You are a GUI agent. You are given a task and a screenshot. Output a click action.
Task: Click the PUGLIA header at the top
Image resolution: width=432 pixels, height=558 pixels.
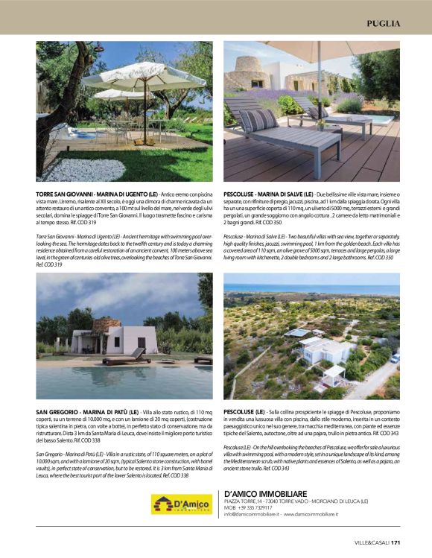pos(384,23)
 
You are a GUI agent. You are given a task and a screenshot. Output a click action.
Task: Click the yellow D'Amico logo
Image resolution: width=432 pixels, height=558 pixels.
pos(181,504)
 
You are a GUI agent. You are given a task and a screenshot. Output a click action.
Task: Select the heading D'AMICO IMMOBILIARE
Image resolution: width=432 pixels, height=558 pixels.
pos(265,493)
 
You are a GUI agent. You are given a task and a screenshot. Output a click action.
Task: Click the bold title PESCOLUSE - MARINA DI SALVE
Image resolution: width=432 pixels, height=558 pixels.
pos(268,194)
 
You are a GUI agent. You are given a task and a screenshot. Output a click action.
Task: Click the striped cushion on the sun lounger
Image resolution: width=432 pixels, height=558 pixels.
pos(258,119)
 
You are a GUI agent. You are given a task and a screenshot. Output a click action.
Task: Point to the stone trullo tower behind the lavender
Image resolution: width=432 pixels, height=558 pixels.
pos(250,72)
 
